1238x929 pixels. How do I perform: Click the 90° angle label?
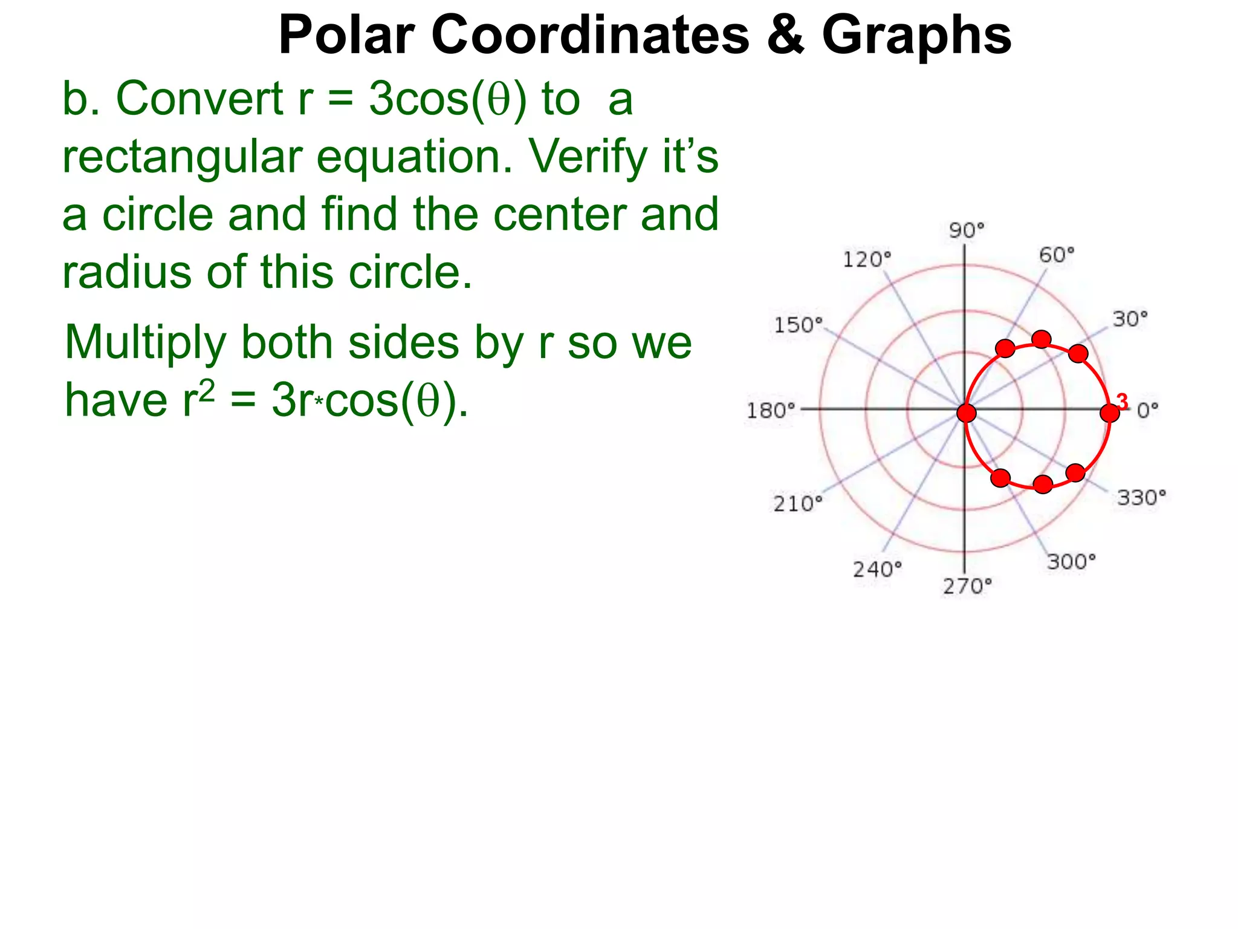966,230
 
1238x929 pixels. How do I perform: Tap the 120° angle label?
867,259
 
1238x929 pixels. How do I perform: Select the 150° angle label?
799,325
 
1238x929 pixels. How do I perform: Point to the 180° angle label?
770,411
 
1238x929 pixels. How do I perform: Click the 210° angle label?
798,503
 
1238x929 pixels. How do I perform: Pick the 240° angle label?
877,569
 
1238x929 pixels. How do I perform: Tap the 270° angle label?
967,586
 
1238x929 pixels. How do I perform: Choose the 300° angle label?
1071,562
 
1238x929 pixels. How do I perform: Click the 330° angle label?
1141,498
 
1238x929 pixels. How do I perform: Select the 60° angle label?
1057,255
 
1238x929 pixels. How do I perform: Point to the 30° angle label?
1130,319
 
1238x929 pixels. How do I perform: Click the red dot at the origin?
967,413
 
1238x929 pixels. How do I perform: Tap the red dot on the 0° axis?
1109,413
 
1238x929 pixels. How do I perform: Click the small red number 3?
1123,401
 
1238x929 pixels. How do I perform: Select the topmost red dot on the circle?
1041,339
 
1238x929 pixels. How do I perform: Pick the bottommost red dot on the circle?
1043,484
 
